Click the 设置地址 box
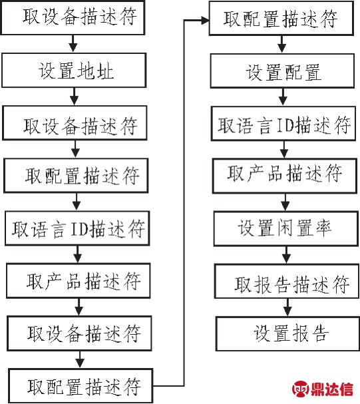coord(74,71)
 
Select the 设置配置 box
coord(283,71)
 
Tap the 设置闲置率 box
coord(286,228)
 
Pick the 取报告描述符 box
coord(287,282)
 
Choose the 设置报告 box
coord(288,334)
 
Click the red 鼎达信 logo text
coord(332,389)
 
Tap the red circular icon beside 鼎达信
coord(300,389)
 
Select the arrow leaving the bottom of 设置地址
coord(75,97)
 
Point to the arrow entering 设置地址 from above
coord(73,44)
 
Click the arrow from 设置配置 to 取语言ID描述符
coord(283,97)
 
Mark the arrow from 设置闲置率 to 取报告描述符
coord(286,255)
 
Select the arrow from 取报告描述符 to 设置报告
coord(287,307)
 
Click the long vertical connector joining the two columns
coord(184,203)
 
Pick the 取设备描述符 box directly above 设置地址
coord(73,17)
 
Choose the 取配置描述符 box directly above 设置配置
coord(281,18)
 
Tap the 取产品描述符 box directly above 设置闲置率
coord(285,176)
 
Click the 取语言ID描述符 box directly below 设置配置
coord(283,124)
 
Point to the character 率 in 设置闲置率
coord(323,228)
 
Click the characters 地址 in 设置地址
coord(95,71)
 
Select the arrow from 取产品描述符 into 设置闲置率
coord(285,202)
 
